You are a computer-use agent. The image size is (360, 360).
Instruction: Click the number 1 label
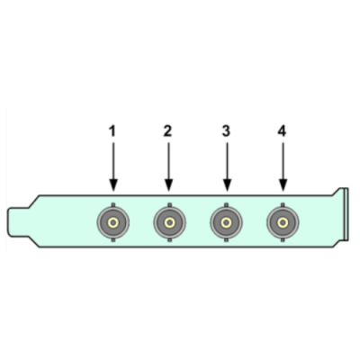click(x=112, y=131)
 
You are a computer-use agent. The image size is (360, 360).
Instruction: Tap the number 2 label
click(x=167, y=131)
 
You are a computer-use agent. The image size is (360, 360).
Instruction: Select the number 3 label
click(x=226, y=131)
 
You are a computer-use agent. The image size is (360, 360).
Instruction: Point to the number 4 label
click(x=282, y=131)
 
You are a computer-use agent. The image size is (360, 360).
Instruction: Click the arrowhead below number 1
click(x=113, y=185)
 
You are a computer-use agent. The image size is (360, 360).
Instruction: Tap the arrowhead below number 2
click(x=168, y=185)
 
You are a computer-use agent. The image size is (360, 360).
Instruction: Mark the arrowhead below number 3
click(x=227, y=185)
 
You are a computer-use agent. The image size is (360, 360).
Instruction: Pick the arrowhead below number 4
click(x=283, y=185)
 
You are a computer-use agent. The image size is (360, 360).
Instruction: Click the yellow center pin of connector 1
click(x=113, y=222)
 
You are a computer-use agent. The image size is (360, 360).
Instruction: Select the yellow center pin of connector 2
click(x=169, y=222)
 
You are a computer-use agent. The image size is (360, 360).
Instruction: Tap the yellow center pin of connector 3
click(x=226, y=222)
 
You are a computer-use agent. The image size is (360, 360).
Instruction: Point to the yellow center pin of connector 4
click(x=283, y=222)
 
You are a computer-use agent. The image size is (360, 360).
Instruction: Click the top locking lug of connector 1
click(x=113, y=204)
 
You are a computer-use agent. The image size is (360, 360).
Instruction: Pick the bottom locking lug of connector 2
click(x=169, y=240)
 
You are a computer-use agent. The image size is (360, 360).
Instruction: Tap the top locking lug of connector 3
click(x=226, y=204)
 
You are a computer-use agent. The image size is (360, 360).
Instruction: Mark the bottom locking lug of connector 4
click(x=283, y=240)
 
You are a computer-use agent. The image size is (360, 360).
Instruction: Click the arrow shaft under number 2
click(x=168, y=161)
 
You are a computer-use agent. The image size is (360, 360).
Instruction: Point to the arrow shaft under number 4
click(x=283, y=161)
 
